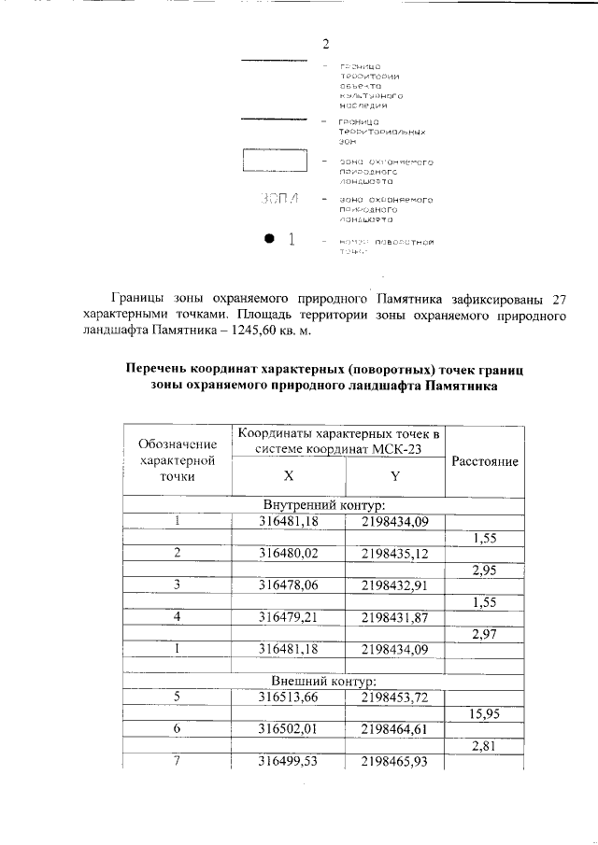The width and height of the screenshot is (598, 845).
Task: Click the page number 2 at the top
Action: click(325, 44)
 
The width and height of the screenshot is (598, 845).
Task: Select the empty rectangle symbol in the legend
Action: click(275, 161)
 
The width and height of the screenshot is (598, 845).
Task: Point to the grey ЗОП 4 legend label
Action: click(281, 200)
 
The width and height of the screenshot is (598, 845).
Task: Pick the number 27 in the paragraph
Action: click(560, 300)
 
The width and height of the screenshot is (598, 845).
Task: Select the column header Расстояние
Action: click(485, 461)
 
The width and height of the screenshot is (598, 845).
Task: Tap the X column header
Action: click(289, 475)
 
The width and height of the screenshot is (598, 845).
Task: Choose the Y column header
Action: click(394, 475)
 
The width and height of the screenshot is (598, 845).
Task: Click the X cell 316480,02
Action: click(289, 553)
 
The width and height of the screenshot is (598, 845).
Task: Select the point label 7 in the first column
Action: click(177, 762)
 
